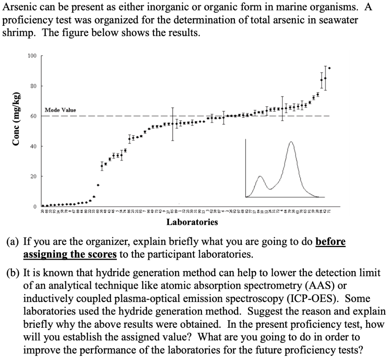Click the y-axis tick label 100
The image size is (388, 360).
pos(32,56)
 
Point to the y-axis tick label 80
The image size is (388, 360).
pos(33,86)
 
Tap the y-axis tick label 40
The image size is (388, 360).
pos(33,146)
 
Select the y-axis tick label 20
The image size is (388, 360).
pos(33,176)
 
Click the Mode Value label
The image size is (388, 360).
pos(60,110)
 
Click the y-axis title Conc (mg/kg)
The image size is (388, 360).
pos(16,118)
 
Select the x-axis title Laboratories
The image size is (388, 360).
pos(192,222)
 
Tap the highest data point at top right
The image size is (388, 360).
pos(329,68)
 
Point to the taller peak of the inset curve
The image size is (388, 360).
pos(291,142)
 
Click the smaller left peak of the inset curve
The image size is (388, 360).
pos(260,177)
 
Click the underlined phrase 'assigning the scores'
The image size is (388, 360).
pos(70,254)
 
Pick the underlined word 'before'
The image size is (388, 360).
pos(330,241)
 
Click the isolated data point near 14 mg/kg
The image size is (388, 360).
pos(98,185)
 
